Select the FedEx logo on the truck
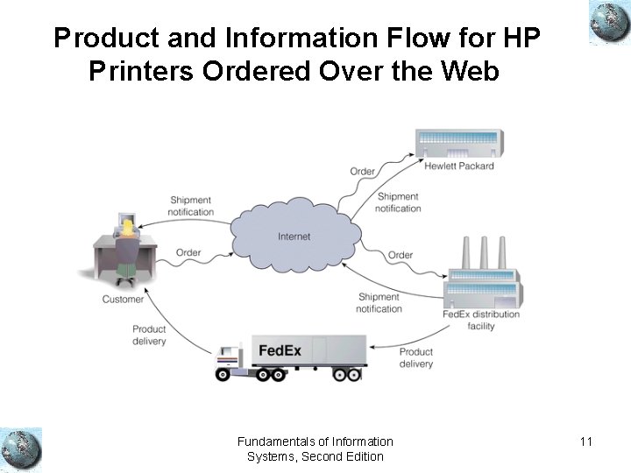[280, 350]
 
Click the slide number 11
[586, 441]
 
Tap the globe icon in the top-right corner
[610, 23]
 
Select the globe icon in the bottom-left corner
[21, 449]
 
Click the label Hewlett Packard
[459, 166]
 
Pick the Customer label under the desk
[123, 300]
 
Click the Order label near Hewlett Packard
[363, 171]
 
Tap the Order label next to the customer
[188, 252]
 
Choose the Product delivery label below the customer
[149, 335]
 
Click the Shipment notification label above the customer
[191, 206]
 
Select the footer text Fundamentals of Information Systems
[315, 448]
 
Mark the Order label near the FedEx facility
[401, 255]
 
